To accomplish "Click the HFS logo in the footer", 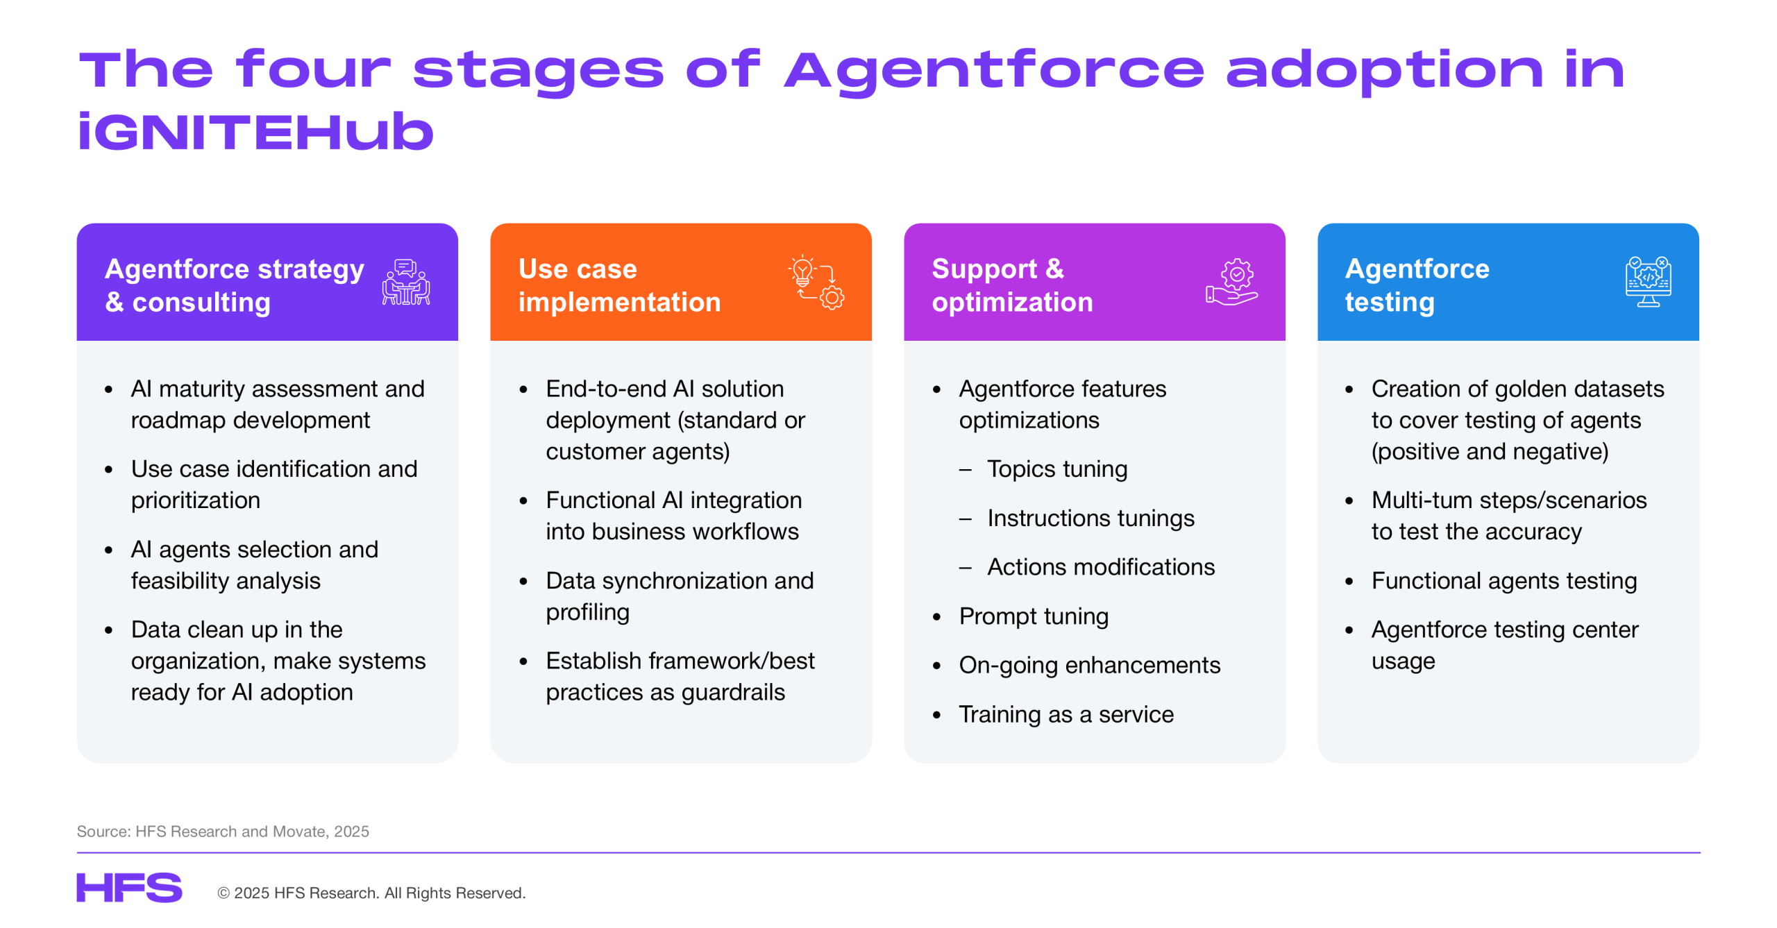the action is click(129, 887).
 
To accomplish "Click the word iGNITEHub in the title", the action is click(255, 132).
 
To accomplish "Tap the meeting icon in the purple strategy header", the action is click(406, 282).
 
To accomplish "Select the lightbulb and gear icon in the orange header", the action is click(816, 282).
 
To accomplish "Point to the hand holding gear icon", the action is click(1231, 282).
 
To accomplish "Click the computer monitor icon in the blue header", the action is click(1648, 282).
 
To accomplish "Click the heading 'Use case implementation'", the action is click(619, 285).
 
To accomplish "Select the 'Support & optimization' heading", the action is click(1012, 285).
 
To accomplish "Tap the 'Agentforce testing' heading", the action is click(1417, 285).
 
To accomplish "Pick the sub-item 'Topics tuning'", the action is click(1056, 469).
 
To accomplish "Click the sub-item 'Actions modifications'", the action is click(1101, 567).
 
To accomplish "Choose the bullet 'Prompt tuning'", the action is click(1034, 616).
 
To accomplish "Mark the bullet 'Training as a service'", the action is click(1066, 714).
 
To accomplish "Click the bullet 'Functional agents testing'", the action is click(1504, 581).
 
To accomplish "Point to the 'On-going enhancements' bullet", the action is click(1089, 665).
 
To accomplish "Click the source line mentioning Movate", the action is click(223, 831).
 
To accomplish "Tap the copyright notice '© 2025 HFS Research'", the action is click(371, 893).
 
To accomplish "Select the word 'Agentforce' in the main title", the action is click(994, 71).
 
